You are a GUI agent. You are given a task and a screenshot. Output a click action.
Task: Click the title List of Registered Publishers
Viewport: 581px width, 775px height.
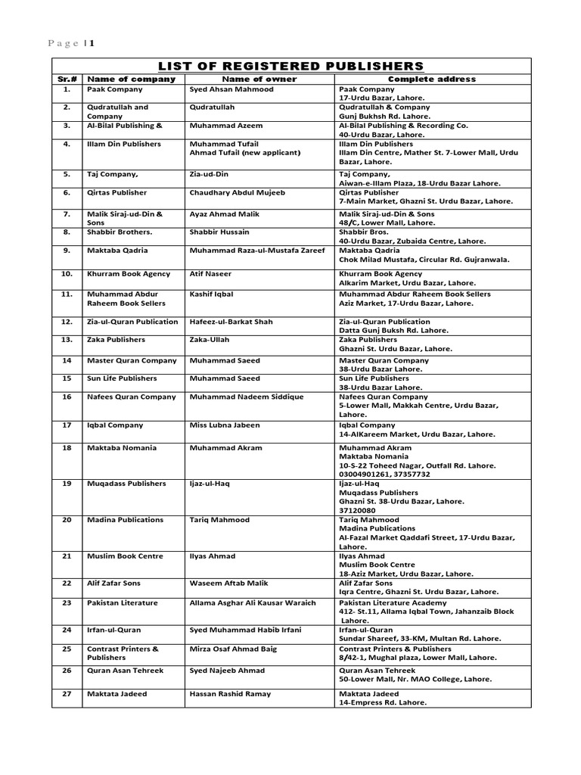[x=291, y=66]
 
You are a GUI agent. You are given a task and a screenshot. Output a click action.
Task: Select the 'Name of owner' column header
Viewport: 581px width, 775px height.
[x=259, y=79]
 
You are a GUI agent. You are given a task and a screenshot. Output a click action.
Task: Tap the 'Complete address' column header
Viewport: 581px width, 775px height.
[x=432, y=79]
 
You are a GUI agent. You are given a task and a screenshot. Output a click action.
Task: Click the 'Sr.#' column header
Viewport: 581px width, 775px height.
[x=67, y=79]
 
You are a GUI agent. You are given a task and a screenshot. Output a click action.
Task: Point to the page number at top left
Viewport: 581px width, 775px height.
[x=72, y=43]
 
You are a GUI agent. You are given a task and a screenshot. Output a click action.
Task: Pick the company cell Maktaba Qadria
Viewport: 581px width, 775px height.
[x=117, y=250]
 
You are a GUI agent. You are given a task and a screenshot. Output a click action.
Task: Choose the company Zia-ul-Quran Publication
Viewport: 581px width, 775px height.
[x=132, y=322]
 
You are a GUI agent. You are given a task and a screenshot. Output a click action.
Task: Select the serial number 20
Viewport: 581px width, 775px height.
[x=67, y=520]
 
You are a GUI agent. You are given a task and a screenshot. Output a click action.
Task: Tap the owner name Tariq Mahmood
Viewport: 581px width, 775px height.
[x=219, y=520]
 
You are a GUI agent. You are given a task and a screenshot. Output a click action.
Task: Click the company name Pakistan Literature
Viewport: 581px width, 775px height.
[x=123, y=602]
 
